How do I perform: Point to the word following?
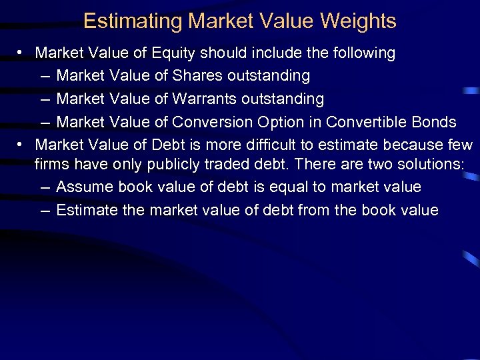(364, 53)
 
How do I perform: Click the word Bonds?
(435, 122)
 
